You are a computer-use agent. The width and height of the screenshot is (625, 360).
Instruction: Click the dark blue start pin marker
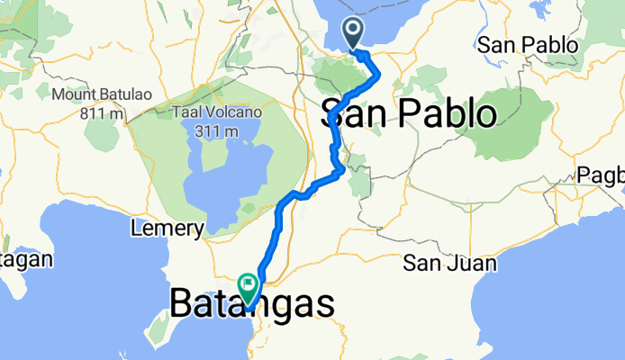coord(352,34)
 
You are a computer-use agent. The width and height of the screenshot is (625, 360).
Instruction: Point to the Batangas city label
coord(252,304)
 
